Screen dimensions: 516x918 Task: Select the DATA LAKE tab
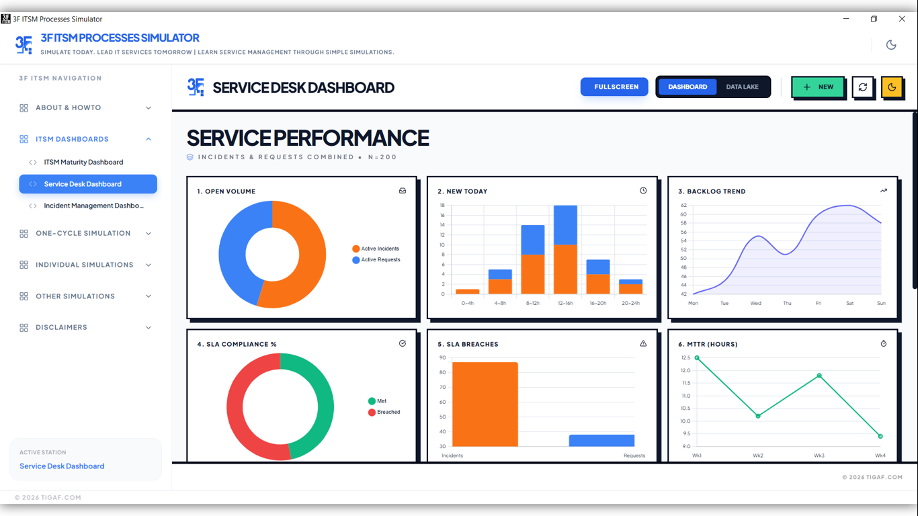(742, 87)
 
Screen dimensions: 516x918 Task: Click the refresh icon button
(863, 87)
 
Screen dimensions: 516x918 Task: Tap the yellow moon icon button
(892, 87)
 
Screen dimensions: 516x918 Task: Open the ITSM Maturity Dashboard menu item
(83, 162)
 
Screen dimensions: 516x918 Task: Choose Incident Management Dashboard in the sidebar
(93, 206)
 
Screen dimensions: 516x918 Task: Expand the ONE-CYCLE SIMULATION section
(83, 233)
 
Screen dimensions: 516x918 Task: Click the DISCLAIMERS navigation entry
(61, 327)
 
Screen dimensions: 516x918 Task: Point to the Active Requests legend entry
(380, 259)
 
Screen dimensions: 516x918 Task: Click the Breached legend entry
(388, 412)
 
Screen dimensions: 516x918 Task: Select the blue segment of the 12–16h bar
(565, 225)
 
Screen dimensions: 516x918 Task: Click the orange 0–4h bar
(468, 292)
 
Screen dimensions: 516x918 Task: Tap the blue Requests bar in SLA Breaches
(601, 441)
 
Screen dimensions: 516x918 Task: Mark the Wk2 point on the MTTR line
(758, 416)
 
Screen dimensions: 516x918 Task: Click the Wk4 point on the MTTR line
(880, 436)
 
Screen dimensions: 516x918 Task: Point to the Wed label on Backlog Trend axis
(756, 303)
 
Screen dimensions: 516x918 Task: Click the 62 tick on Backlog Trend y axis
(683, 206)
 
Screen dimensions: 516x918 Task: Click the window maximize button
(874, 19)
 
